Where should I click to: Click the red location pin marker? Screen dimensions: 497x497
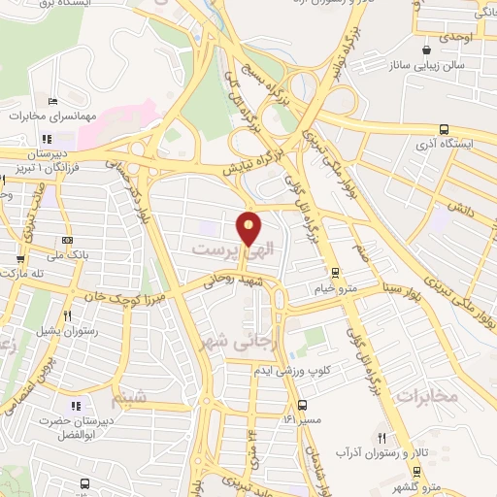pos(249,227)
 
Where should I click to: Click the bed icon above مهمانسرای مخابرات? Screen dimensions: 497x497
pos(52,102)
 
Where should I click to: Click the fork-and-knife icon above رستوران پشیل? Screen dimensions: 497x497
pos(67,315)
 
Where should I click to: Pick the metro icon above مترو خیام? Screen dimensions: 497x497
pos(335,273)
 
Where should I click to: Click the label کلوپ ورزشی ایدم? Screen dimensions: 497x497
pos(292,371)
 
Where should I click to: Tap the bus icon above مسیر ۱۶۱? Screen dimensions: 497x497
pos(302,405)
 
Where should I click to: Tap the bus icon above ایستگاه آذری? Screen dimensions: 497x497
pos(444,129)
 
